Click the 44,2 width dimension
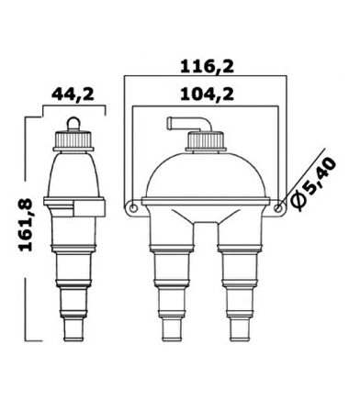[70, 95]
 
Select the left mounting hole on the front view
[134, 209]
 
